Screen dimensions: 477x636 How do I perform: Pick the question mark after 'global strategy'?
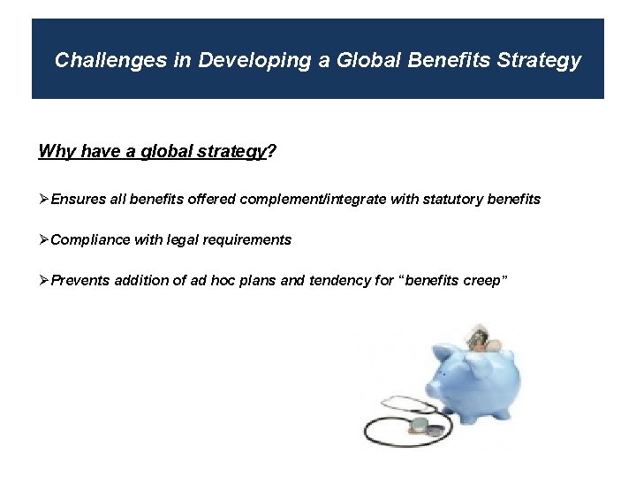[x=270, y=152]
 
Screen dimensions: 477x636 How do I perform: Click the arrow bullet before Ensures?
[x=44, y=200]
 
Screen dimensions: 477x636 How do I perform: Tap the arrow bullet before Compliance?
[x=44, y=240]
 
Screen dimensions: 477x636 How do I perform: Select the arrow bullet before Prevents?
[x=44, y=281]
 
